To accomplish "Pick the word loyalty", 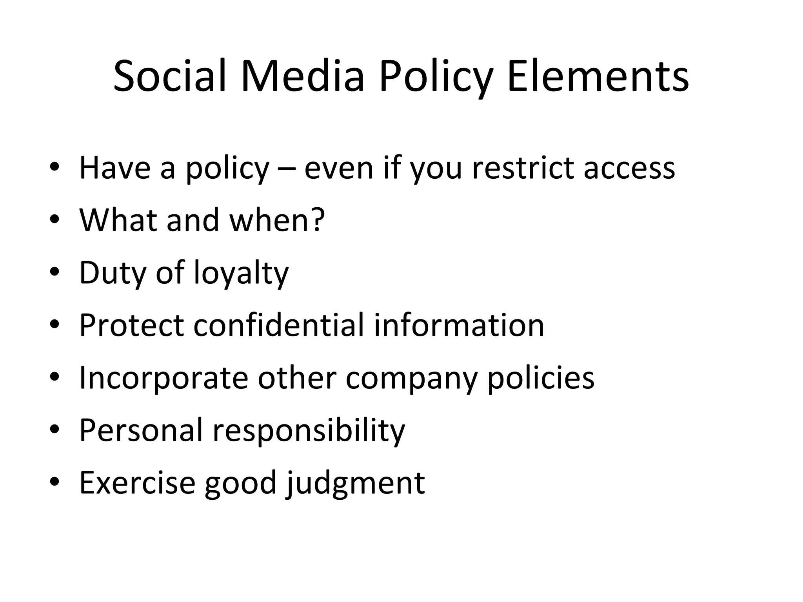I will pyautogui.click(x=241, y=274).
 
